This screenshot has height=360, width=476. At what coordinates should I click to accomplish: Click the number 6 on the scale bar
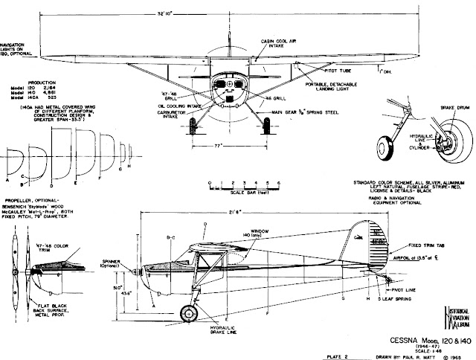click(277, 181)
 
